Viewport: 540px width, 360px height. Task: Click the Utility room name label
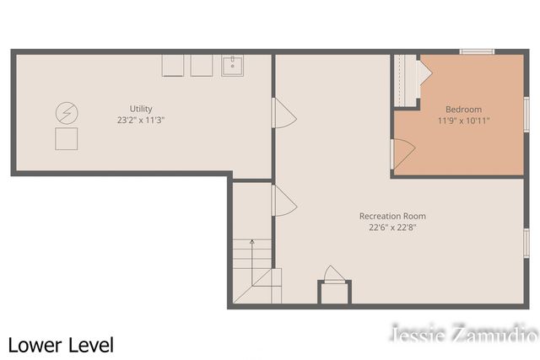[x=141, y=109]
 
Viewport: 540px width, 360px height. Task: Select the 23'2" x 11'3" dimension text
[x=141, y=121]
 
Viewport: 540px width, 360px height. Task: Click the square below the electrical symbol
[x=66, y=139]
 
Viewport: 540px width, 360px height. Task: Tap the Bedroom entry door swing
[x=402, y=153]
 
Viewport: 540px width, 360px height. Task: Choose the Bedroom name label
[x=463, y=110]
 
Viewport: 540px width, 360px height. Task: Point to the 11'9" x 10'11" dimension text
[x=463, y=121]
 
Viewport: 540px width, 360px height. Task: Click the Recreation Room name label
[x=392, y=216]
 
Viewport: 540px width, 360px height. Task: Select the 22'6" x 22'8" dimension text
[x=392, y=228]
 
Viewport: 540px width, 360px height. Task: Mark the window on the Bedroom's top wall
[x=477, y=52]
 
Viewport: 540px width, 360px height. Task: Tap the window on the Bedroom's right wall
[x=526, y=113]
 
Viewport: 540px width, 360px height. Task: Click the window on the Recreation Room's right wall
[x=526, y=243]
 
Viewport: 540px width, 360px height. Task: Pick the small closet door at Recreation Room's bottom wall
[x=334, y=274]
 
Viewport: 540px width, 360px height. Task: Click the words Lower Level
[x=61, y=345]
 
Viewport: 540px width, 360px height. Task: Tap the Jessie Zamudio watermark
[x=463, y=334]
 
